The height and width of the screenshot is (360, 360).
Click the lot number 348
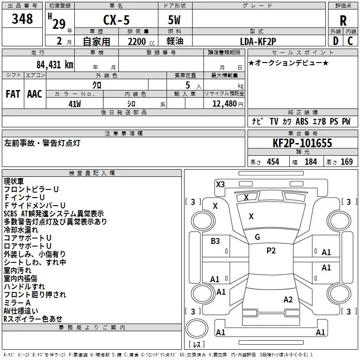[22, 19]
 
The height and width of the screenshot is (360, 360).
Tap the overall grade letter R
[343, 21]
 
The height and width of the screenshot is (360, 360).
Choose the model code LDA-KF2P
[258, 41]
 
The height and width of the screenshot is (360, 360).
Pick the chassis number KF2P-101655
[302, 143]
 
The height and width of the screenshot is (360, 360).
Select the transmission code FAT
[13, 94]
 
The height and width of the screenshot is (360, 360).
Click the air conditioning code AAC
[34, 94]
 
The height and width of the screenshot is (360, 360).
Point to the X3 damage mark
[220, 184]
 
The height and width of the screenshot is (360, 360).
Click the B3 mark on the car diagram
[216, 241]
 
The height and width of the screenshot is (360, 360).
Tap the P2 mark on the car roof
[271, 251]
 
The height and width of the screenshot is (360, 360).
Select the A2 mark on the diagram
[288, 300]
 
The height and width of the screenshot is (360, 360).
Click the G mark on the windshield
[257, 237]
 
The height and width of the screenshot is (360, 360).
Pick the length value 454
[273, 162]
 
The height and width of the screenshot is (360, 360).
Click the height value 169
[346, 162]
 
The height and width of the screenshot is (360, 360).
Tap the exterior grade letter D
[335, 41]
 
